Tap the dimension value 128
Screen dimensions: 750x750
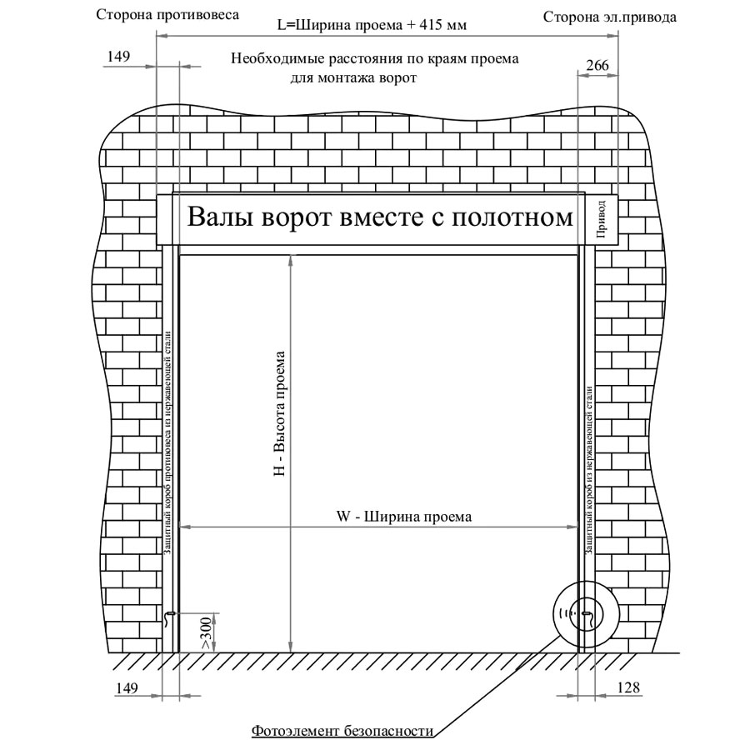[x=628, y=687]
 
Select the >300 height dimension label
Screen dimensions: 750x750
[x=206, y=633]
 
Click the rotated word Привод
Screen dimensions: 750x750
[x=601, y=219]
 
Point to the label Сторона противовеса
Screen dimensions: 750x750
[x=167, y=15]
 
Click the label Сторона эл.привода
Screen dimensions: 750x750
[x=610, y=17]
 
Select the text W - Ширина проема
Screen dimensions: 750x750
[x=404, y=517]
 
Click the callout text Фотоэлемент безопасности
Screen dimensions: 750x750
[x=342, y=731]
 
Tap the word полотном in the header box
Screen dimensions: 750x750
[x=512, y=217]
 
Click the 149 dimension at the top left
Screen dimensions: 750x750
[x=118, y=57]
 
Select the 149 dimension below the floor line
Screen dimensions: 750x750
[x=127, y=687]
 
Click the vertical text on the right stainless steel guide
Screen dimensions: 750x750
[x=588, y=471]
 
